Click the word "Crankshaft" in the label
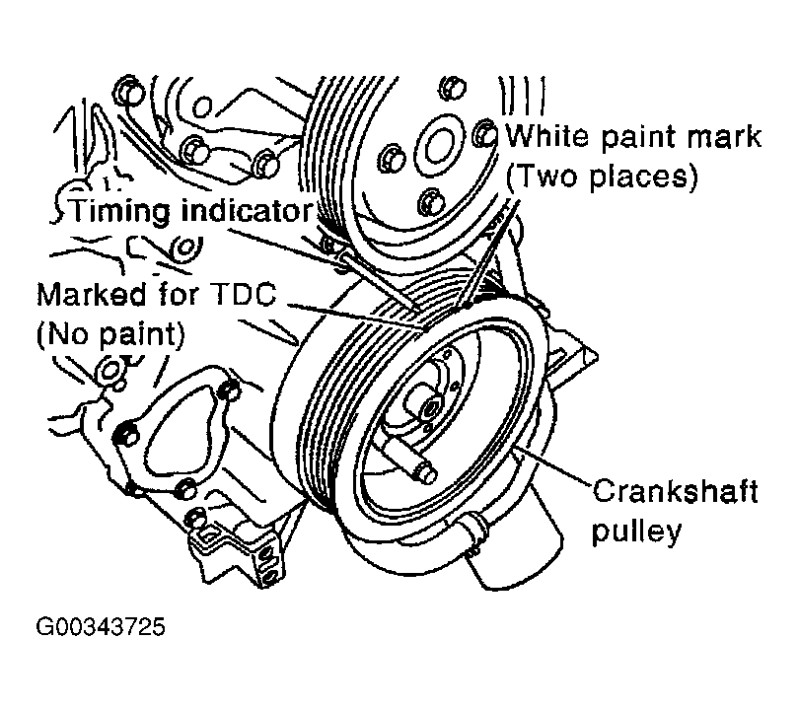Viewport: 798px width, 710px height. (x=675, y=491)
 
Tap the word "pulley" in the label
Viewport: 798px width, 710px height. (x=636, y=532)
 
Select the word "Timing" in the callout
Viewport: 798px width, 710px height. (x=119, y=210)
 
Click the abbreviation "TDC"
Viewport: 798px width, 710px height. (x=243, y=294)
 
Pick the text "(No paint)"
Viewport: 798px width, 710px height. (x=110, y=334)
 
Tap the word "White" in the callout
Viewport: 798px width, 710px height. (x=547, y=136)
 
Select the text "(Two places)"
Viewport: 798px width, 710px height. (x=602, y=176)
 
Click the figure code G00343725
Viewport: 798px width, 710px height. (x=101, y=626)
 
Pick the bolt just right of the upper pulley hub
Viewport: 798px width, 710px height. (x=483, y=133)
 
